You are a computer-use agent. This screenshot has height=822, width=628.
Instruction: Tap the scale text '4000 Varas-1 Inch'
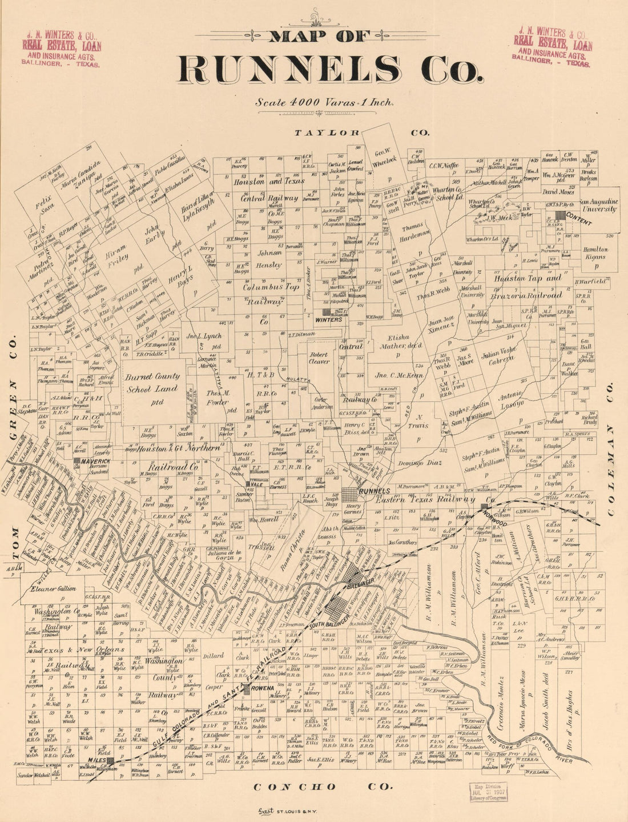334,103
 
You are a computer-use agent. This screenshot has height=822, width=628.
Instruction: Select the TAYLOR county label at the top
326,133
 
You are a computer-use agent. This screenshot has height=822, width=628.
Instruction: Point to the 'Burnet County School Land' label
152,382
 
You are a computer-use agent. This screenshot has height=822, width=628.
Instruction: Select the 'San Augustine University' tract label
598,206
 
